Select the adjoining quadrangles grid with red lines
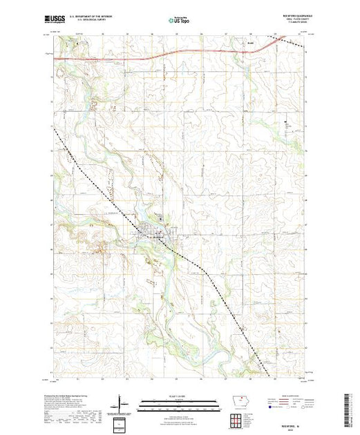point(236,420)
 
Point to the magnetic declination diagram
point(120,403)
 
